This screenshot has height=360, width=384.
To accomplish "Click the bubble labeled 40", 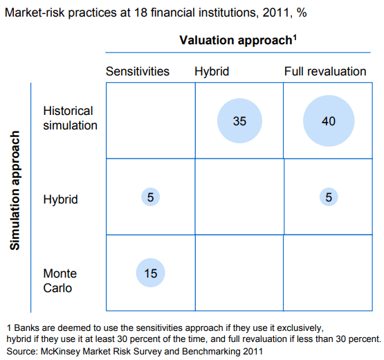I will [328, 120].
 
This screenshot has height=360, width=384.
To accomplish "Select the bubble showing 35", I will [239, 120].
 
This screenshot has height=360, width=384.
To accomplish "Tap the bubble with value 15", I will [150, 273].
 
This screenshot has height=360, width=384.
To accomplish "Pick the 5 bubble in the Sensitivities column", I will [150, 197].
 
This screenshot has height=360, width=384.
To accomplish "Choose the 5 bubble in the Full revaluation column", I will [329, 197].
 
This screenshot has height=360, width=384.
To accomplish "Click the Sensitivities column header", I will [137, 71].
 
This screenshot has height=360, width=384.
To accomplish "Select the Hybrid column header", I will [212, 71].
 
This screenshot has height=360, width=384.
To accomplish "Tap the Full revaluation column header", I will [325, 71].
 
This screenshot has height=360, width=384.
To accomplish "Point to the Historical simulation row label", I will [70, 118].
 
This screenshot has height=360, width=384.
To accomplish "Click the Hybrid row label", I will [61, 199].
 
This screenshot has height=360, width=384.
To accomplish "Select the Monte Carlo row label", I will [60, 280].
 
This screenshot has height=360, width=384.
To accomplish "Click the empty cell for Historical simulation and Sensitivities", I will [150, 120].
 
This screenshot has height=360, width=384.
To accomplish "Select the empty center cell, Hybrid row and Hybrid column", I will [239, 197].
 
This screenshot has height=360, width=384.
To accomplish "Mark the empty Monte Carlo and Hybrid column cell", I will [239, 273].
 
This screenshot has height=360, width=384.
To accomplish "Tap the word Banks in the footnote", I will [27, 326].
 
